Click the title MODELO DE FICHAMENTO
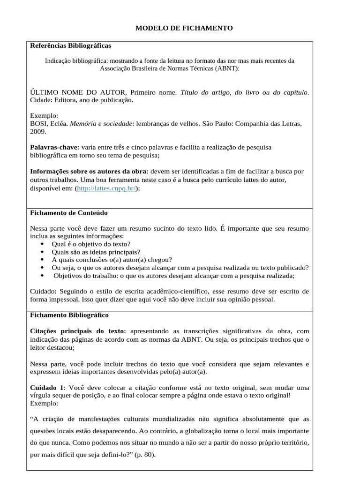pyautogui.click(x=184, y=29)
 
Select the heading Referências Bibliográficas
pyautogui.click(x=70, y=46)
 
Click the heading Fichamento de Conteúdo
pyautogui.click(x=68, y=213)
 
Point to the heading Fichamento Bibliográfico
pyautogui.click(x=69, y=315)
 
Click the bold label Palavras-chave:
pyautogui.click(x=54, y=147)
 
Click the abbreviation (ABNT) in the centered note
pyautogui.click(x=226, y=68)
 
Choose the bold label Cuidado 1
pyautogui.click(x=46, y=388)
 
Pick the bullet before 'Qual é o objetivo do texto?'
pyautogui.click(x=42, y=244)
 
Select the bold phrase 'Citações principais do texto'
pyautogui.click(x=77, y=331)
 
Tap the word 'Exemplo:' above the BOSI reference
pyautogui.click(x=44, y=116)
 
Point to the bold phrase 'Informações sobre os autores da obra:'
pyautogui.click(x=89, y=171)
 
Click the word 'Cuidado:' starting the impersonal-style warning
pyautogui.click(x=44, y=291)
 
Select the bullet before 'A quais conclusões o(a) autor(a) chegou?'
pyautogui.click(x=42, y=260)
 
